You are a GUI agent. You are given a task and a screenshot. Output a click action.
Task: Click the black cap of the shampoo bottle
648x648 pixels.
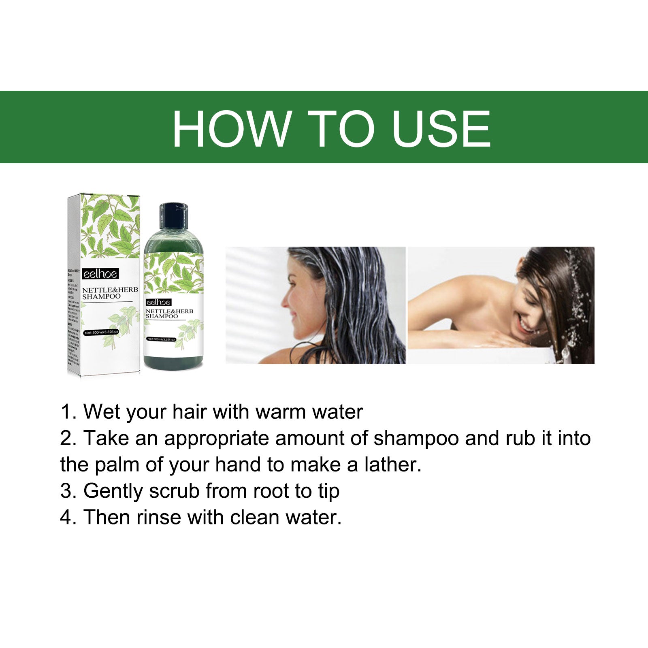click(x=174, y=217)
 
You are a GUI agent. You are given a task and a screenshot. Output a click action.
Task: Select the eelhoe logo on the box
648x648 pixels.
click(x=100, y=274)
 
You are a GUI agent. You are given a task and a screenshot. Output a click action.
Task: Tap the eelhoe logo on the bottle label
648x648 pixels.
click(x=158, y=303)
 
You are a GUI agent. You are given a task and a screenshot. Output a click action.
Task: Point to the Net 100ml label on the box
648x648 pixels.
click(x=101, y=332)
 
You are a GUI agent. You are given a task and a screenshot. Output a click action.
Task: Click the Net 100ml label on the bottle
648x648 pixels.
click(x=161, y=339)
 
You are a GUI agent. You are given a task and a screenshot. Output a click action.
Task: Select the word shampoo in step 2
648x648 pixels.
click(x=416, y=439)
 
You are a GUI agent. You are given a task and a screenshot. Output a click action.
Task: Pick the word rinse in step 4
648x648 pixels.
click(x=159, y=518)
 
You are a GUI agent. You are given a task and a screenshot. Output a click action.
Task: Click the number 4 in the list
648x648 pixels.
click(x=66, y=518)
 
